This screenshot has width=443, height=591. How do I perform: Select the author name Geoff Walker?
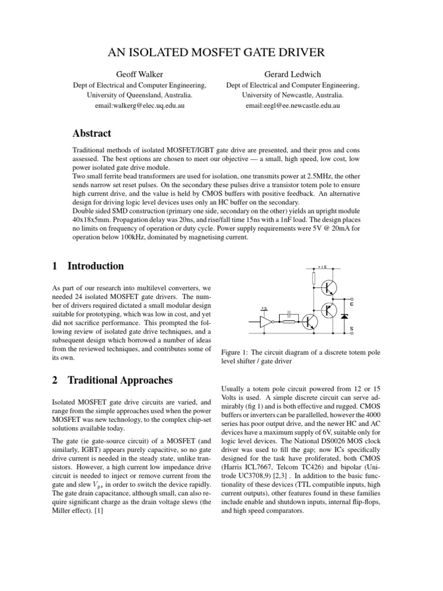(139, 74)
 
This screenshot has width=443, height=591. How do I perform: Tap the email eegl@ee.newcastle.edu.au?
(292, 106)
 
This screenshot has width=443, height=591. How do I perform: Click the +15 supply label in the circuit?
(322, 267)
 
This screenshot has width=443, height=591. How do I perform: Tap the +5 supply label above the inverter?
(264, 309)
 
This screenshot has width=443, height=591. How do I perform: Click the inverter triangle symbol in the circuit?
(266, 320)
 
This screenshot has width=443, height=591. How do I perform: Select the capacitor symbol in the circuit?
(283, 315)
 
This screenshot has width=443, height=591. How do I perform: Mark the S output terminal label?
(352, 328)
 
